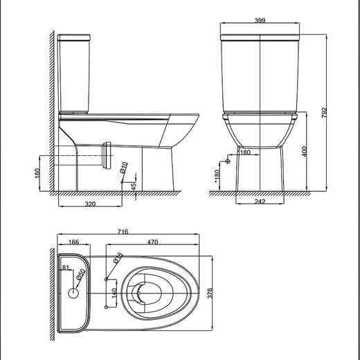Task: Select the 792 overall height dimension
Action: click(x=323, y=111)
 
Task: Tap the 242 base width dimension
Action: click(x=259, y=201)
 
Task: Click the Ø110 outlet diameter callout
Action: click(x=123, y=167)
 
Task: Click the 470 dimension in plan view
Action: click(x=154, y=243)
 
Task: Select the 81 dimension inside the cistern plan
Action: click(x=66, y=267)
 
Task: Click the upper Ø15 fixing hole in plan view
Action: click(x=105, y=279)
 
